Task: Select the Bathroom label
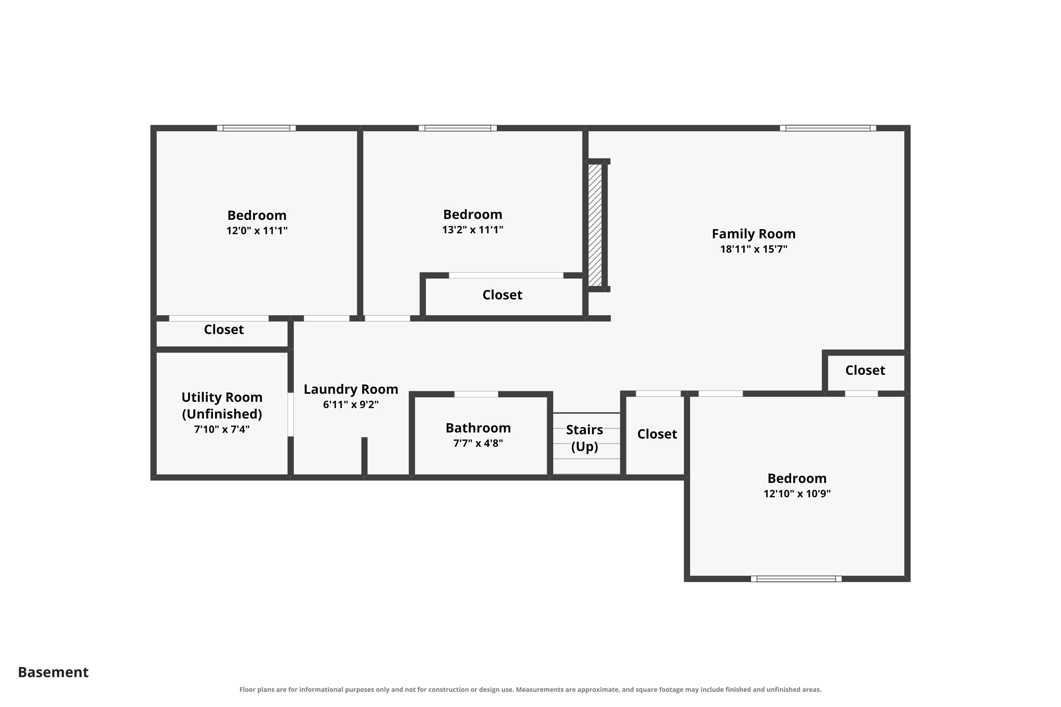[478, 427]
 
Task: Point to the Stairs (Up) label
[585, 438]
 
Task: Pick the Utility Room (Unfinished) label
[222, 405]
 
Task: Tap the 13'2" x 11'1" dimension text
[473, 229]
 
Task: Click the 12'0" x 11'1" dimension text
[257, 230]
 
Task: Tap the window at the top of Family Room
[828, 128]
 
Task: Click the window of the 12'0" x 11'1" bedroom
[256, 128]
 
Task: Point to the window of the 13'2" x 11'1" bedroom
[458, 128]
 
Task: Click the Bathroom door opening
[476, 394]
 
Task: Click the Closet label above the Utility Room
[224, 329]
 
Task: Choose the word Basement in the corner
[53, 672]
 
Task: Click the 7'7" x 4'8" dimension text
[478, 443]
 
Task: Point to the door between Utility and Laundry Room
[290, 414]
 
